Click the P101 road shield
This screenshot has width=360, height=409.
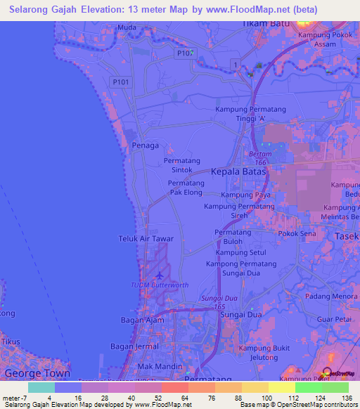click(121, 82)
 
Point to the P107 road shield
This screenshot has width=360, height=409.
click(186, 53)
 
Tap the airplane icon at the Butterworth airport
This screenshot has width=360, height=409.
click(160, 275)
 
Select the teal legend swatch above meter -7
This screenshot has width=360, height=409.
click(41, 387)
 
